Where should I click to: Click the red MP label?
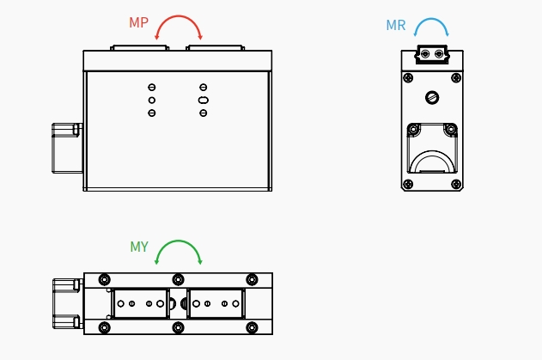[x=138, y=23]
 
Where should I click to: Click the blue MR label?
[x=396, y=26]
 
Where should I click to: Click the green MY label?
[x=139, y=247]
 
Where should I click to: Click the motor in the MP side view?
[x=66, y=148]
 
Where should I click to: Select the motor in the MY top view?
[x=66, y=303]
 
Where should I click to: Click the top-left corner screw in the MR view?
[x=408, y=78]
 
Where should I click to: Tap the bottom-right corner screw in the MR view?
[x=455, y=184]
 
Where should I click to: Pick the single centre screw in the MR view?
[x=432, y=97]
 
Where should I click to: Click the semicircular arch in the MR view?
[x=432, y=161]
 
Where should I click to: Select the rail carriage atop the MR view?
[x=432, y=54]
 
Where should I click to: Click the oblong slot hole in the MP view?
[x=203, y=101]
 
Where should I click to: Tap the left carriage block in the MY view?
[x=139, y=303]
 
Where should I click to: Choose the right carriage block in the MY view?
[x=216, y=303]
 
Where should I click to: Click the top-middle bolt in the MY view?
[x=178, y=279]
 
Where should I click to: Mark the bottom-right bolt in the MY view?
[x=252, y=327]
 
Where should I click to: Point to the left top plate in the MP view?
[x=137, y=48]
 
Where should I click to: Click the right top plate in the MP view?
[x=218, y=48]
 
